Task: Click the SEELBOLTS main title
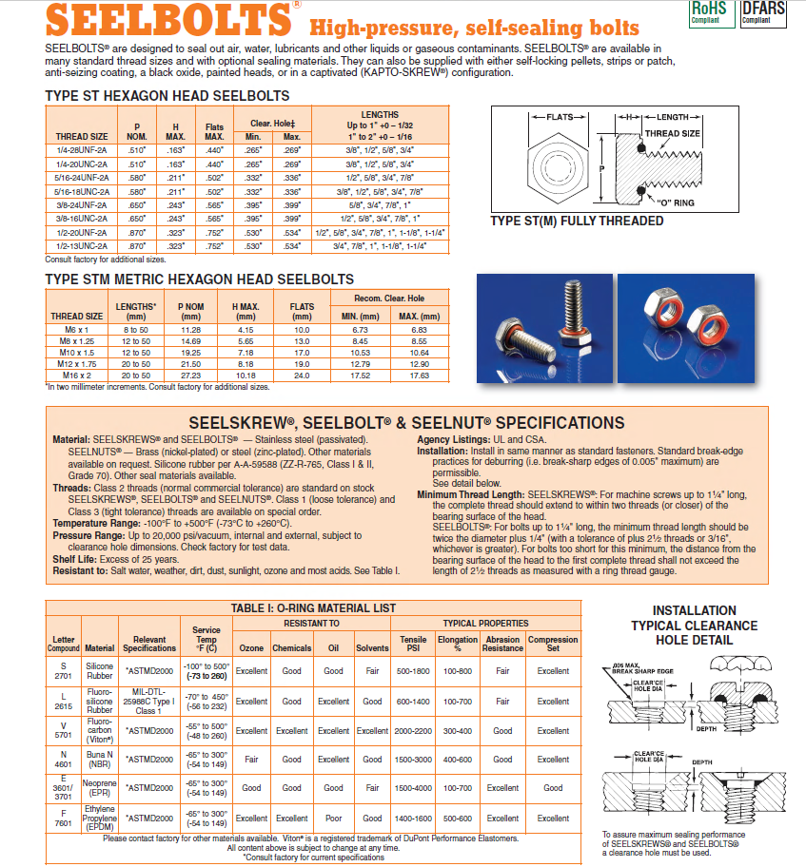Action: [x=167, y=20]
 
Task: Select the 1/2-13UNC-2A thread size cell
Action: [x=82, y=245]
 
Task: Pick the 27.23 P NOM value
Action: [x=190, y=376]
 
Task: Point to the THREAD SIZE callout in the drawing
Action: [x=673, y=133]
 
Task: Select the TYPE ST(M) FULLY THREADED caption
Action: [x=577, y=222]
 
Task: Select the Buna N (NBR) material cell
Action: [x=99, y=760]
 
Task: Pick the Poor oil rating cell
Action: [x=334, y=819]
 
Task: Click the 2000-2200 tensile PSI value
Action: [x=412, y=730]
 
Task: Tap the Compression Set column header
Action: [x=553, y=644]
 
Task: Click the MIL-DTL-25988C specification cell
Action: [x=149, y=701]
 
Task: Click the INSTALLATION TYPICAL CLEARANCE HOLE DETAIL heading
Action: [x=694, y=626]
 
